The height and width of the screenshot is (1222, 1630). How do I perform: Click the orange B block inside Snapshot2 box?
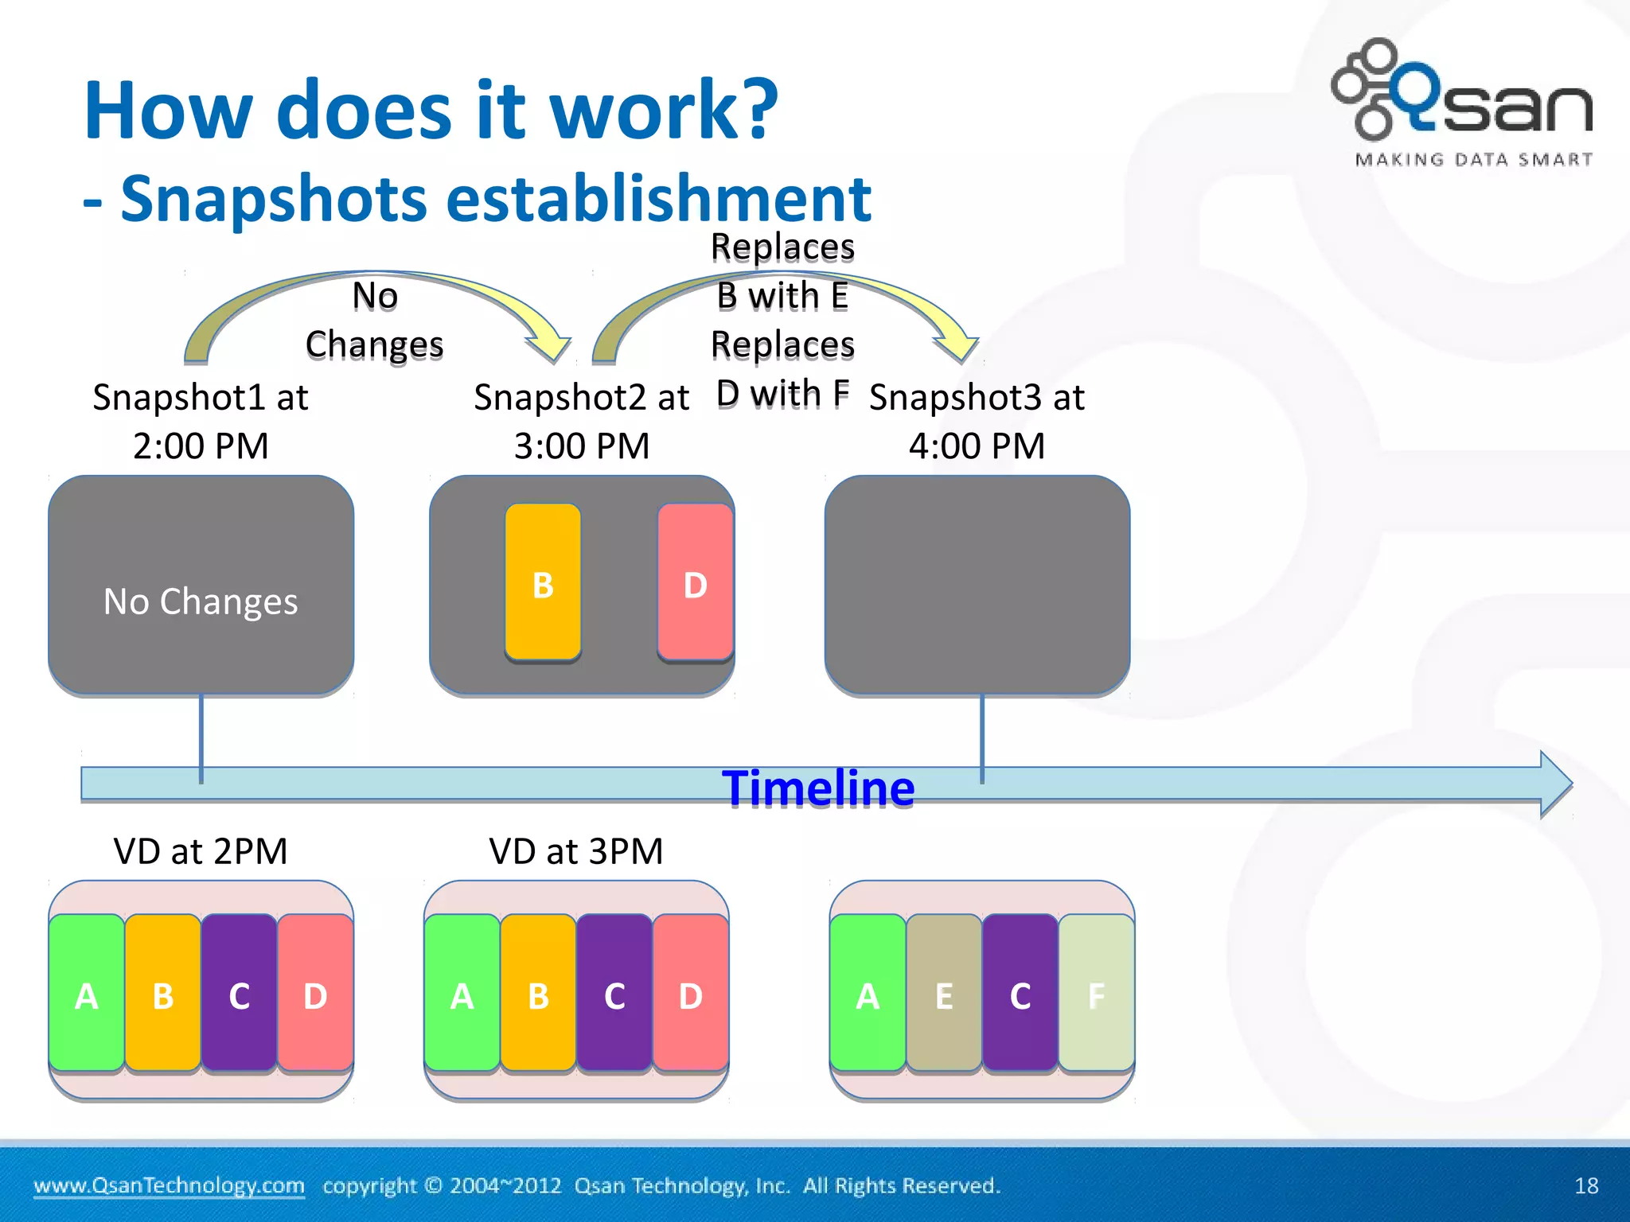pos(543,582)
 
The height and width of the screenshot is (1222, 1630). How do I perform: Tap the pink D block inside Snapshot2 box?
pos(695,582)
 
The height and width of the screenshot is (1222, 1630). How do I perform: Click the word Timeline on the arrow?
pos(818,788)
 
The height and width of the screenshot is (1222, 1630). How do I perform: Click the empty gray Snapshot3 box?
pos(977,586)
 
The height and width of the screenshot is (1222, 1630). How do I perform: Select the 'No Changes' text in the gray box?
pos(201,601)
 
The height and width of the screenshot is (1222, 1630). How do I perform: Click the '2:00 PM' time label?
pos(201,446)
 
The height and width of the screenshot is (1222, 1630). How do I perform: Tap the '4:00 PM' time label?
pos(977,446)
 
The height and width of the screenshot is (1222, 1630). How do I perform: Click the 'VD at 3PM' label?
pos(576,851)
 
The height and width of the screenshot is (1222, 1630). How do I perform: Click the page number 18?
pos(1586,1185)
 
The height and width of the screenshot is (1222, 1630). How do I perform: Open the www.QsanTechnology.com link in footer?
pos(169,1185)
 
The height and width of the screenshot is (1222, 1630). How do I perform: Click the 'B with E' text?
pos(782,296)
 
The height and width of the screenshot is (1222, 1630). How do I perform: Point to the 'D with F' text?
pos(782,394)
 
